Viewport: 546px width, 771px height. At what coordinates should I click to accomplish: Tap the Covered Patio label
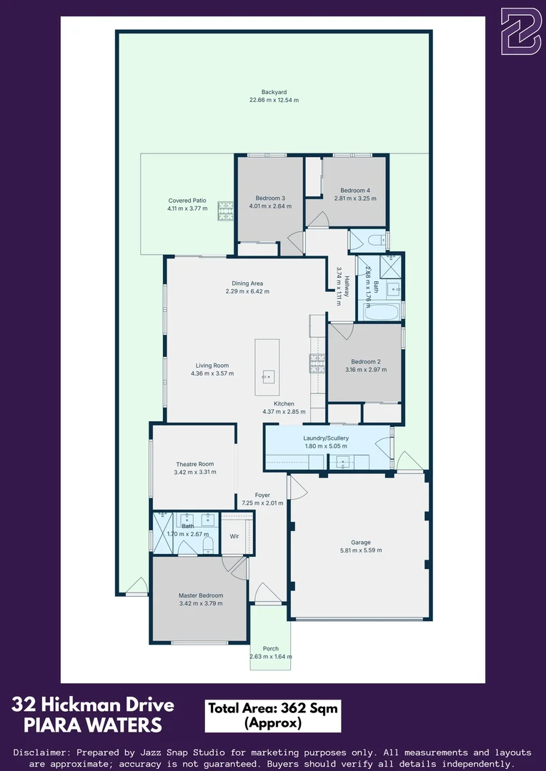[x=187, y=201]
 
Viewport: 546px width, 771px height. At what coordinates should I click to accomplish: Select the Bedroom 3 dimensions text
[x=270, y=206]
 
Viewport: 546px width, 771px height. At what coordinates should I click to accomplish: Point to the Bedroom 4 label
[x=355, y=191]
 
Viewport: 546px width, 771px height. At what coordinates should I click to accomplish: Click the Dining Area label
[x=247, y=283]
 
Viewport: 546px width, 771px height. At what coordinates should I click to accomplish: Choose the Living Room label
[x=212, y=366]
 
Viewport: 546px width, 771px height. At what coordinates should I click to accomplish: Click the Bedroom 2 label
[x=365, y=361]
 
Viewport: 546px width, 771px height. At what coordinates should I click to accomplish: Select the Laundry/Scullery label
[x=326, y=438]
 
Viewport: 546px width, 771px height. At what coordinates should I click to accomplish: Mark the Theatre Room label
[x=194, y=464]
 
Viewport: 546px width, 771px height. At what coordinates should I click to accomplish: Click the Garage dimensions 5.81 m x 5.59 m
[x=361, y=550]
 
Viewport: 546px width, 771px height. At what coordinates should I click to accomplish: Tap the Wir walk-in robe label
[x=234, y=535]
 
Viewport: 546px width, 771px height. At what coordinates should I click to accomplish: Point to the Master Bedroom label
[x=201, y=595]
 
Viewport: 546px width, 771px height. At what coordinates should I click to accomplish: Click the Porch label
[x=271, y=648]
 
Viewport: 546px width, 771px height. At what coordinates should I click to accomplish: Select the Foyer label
[x=262, y=495]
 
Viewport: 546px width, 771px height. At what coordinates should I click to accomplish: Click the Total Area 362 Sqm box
[x=272, y=715]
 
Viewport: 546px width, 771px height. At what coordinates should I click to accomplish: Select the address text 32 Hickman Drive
[x=93, y=705]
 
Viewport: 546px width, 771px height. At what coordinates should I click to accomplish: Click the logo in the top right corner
[x=521, y=31]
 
